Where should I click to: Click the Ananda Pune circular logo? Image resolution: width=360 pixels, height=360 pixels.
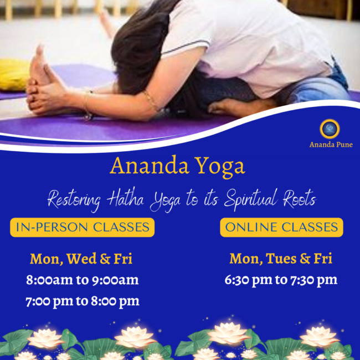click(x=330, y=129)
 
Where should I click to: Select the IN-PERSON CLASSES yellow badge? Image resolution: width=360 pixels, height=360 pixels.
click(x=82, y=227)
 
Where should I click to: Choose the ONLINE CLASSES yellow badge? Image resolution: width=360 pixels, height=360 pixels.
click(x=281, y=227)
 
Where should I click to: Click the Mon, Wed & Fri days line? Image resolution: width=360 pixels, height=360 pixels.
click(x=81, y=259)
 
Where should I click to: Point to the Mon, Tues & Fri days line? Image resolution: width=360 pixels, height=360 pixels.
click(x=281, y=259)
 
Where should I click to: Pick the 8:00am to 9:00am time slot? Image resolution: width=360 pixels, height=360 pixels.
click(x=82, y=280)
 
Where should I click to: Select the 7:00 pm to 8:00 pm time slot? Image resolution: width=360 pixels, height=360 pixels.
click(x=82, y=301)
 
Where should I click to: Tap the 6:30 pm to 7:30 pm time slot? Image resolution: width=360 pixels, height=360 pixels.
click(x=281, y=280)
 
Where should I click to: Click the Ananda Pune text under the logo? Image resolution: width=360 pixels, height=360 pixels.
click(x=331, y=145)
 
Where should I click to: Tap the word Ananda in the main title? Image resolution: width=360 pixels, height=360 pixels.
click(x=146, y=166)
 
